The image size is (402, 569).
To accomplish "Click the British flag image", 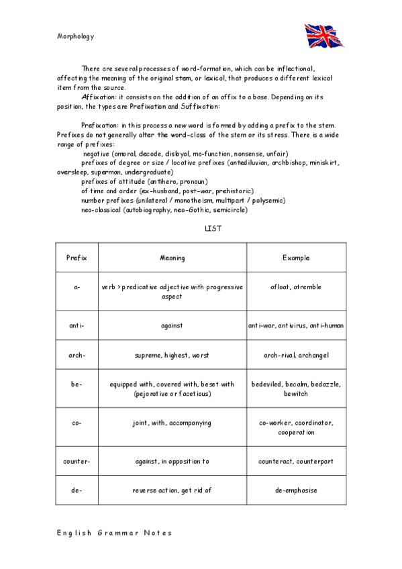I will pyautogui.click(x=325, y=35).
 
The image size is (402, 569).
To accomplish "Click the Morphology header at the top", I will pyautogui.click(x=75, y=36).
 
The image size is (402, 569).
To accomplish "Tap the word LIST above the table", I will pyautogui.click(x=213, y=229).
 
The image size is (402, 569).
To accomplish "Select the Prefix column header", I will pyautogui.click(x=77, y=258).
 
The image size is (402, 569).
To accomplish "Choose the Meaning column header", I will pyautogui.click(x=172, y=258).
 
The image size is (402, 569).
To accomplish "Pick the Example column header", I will pyautogui.click(x=296, y=258).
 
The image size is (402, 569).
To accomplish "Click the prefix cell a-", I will pyautogui.click(x=77, y=287).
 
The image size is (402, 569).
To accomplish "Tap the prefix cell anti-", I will pyautogui.click(x=77, y=325).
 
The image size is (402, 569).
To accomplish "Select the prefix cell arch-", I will pyautogui.click(x=77, y=355).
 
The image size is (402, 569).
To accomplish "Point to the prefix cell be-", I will pyautogui.click(x=77, y=384).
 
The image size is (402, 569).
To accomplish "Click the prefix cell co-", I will pyautogui.click(x=77, y=423).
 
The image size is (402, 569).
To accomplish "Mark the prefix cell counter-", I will pyautogui.click(x=77, y=462).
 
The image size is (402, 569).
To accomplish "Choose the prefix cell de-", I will pyautogui.click(x=77, y=490).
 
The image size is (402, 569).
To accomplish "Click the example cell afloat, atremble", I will pyautogui.click(x=296, y=287).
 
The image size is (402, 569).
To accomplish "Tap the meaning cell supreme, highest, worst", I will pyautogui.click(x=172, y=355).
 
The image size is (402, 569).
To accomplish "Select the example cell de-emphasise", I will pyautogui.click(x=296, y=490).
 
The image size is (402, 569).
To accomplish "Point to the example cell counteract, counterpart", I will pyautogui.click(x=296, y=462).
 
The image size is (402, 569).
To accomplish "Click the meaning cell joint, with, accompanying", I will pyautogui.click(x=172, y=423).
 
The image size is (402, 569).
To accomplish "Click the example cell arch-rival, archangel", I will pyautogui.click(x=296, y=355).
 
